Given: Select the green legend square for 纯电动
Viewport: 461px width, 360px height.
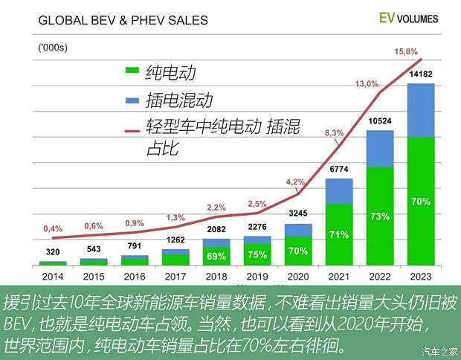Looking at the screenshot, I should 132,71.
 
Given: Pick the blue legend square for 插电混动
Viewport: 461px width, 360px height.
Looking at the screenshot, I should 132,99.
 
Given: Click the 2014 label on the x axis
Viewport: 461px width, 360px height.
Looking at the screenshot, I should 52,277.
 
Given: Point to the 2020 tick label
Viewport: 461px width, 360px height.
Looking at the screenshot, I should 297,277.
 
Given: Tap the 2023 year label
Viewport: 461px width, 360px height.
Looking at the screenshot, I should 421,277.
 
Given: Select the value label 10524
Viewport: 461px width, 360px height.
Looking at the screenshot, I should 380,120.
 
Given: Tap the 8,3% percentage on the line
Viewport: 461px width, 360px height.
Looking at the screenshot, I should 334,133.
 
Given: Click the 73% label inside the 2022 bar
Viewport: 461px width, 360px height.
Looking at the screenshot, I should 380,216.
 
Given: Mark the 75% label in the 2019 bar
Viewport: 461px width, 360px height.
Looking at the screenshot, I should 257,254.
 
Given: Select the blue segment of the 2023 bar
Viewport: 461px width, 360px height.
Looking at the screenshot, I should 421,110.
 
